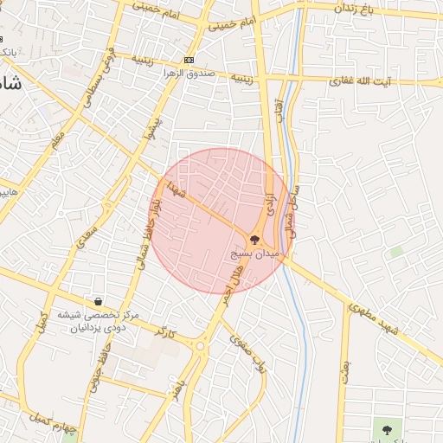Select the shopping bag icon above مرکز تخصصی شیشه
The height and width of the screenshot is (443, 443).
98,302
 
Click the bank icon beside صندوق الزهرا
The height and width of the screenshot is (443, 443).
189,61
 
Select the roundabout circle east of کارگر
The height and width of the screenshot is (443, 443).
200,346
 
